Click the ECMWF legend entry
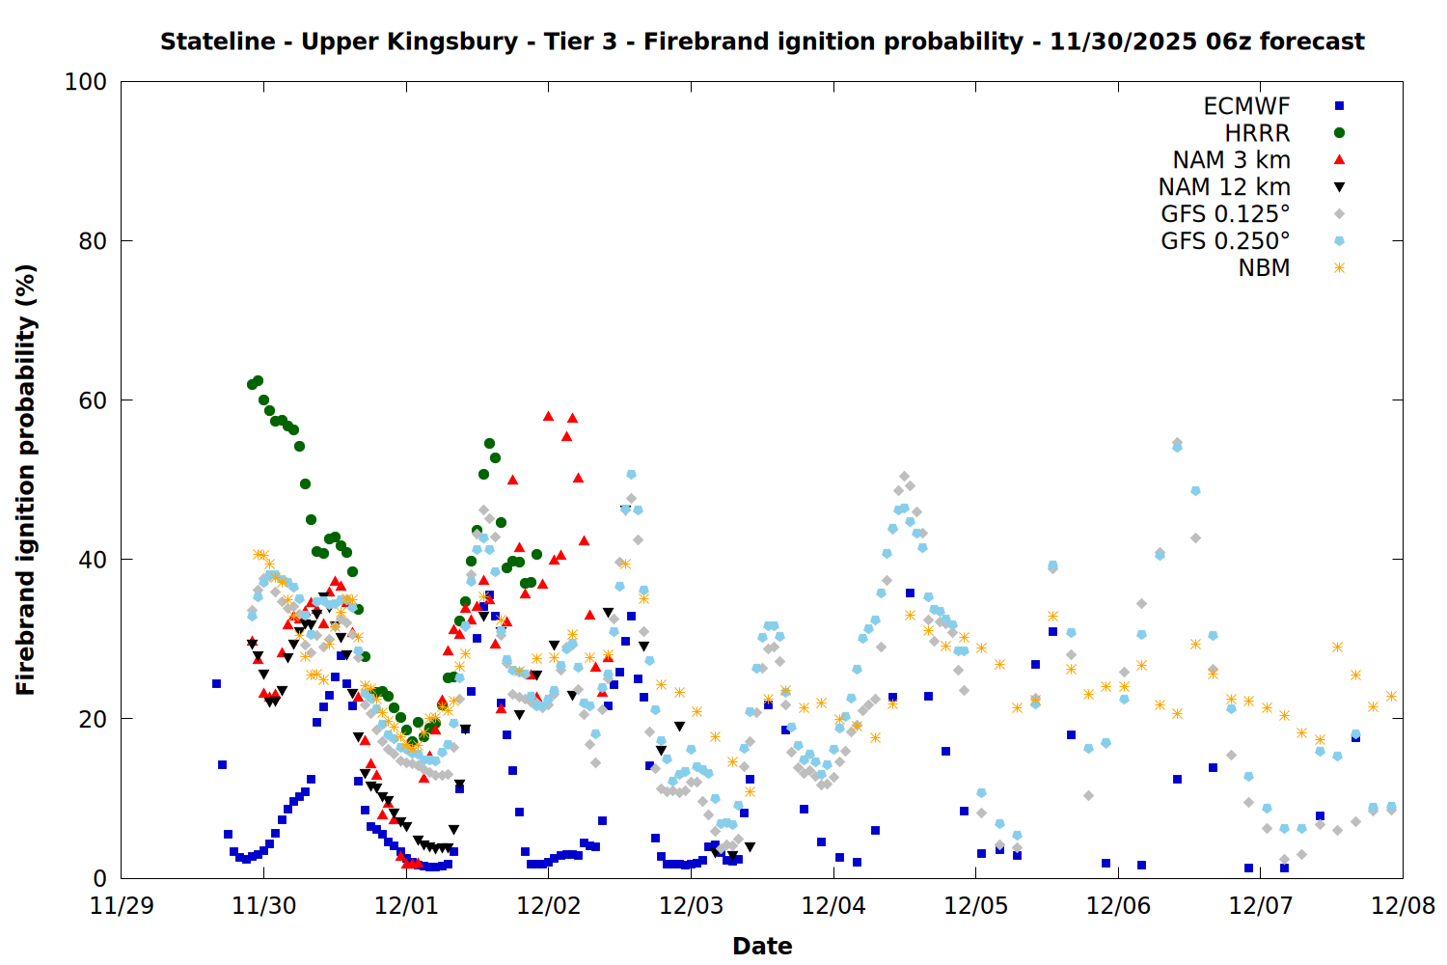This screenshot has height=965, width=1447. tap(1246, 106)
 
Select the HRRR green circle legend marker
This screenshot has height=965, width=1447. tap(1339, 133)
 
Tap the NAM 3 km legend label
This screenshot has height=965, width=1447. tap(1231, 160)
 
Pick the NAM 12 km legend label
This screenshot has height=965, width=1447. tap(1224, 187)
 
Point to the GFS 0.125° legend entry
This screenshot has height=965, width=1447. tap(1225, 214)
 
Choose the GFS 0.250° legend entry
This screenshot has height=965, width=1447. tap(1225, 241)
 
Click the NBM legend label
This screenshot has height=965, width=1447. tap(1264, 268)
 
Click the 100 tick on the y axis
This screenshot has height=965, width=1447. tap(85, 82)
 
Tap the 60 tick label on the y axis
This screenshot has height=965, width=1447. tap(92, 400)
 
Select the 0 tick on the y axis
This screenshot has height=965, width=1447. tap(99, 878)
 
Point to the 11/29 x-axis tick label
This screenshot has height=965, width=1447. tap(122, 906)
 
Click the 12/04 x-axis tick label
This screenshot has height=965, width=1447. tap(833, 906)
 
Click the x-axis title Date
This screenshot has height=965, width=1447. tap(762, 946)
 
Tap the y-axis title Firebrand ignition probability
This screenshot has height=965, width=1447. tap(26, 480)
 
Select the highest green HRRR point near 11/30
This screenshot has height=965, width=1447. tap(258, 381)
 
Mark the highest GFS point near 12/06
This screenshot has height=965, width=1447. tap(1177, 444)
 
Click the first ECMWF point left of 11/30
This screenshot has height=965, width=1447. tap(216, 683)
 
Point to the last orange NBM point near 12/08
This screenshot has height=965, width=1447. tap(1391, 696)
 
